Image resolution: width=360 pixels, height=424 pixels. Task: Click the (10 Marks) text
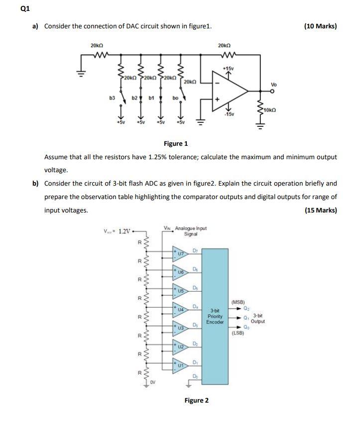click(320, 26)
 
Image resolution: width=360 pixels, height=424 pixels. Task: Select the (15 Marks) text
click(320, 210)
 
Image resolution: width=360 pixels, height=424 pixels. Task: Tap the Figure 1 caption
click(176, 144)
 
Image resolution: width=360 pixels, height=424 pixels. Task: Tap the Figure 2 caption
click(197, 400)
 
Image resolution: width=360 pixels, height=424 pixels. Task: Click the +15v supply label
click(229, 68)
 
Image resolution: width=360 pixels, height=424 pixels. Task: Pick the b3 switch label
click(113, 99)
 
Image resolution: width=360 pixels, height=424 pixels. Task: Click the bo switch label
click(175, 99)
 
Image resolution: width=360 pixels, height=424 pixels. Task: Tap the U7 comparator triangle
click(179, 253)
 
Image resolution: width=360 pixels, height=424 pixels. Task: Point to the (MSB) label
click(239, 302)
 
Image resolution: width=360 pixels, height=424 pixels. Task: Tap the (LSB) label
click(239, 333)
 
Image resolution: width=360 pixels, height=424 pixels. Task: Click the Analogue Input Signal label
click(185, 231)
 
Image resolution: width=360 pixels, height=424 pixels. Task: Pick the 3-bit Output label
click(258, 318)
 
